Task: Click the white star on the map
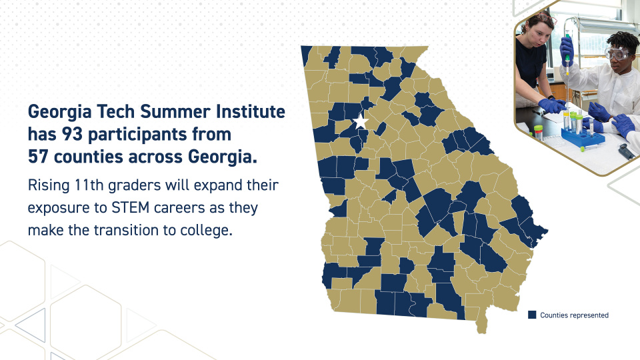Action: click(361, 122)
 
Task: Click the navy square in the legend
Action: click(532, 315)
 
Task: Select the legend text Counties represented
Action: click(574, 315)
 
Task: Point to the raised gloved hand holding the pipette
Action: click(567, 47)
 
